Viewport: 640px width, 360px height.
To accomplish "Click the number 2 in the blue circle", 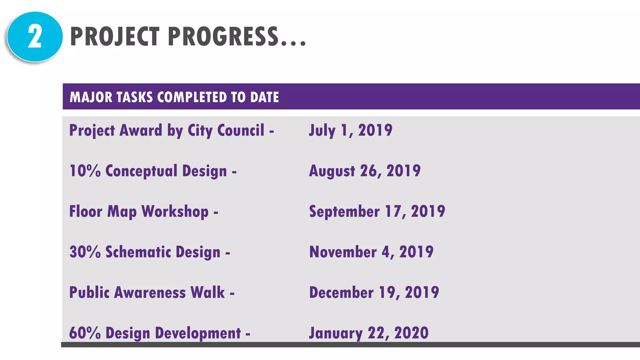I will [35, 37].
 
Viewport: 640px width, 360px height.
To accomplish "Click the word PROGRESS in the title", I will [223, 37].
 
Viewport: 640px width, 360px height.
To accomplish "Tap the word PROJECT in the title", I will [115, 37].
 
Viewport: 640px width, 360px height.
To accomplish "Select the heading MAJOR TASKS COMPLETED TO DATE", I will [174, 97].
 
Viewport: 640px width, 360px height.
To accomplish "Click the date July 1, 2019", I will [350, 130].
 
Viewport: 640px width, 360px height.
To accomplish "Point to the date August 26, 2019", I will [365, 171].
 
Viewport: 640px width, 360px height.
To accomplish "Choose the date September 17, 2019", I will [377, 212].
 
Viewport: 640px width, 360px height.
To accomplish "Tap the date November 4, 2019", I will [371, 252].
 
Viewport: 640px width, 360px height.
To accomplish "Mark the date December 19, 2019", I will [374, 292].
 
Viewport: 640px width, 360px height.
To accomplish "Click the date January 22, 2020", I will [369, 333].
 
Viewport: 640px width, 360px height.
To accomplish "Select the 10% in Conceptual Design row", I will [85, 171].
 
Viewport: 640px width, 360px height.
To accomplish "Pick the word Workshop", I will [175, 212].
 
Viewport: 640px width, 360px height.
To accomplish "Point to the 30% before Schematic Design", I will [85, 252].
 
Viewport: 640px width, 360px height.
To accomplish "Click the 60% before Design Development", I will [85, 333].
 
